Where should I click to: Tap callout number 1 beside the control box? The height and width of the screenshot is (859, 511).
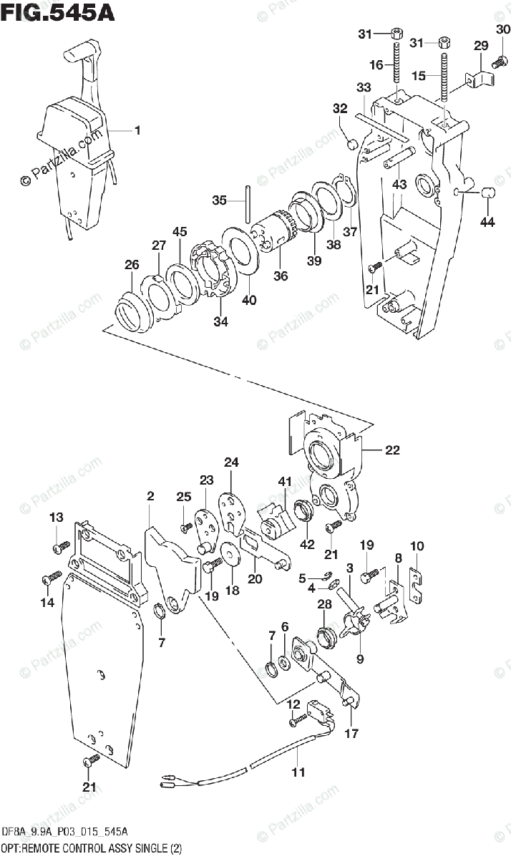click(137, 131)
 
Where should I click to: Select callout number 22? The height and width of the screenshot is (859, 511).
click(392, 450)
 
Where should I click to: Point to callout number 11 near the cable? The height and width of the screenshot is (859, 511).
click(298, 772)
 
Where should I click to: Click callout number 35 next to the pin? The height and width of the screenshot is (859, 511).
click(220, 200)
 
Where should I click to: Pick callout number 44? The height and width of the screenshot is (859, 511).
click(487, 222)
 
